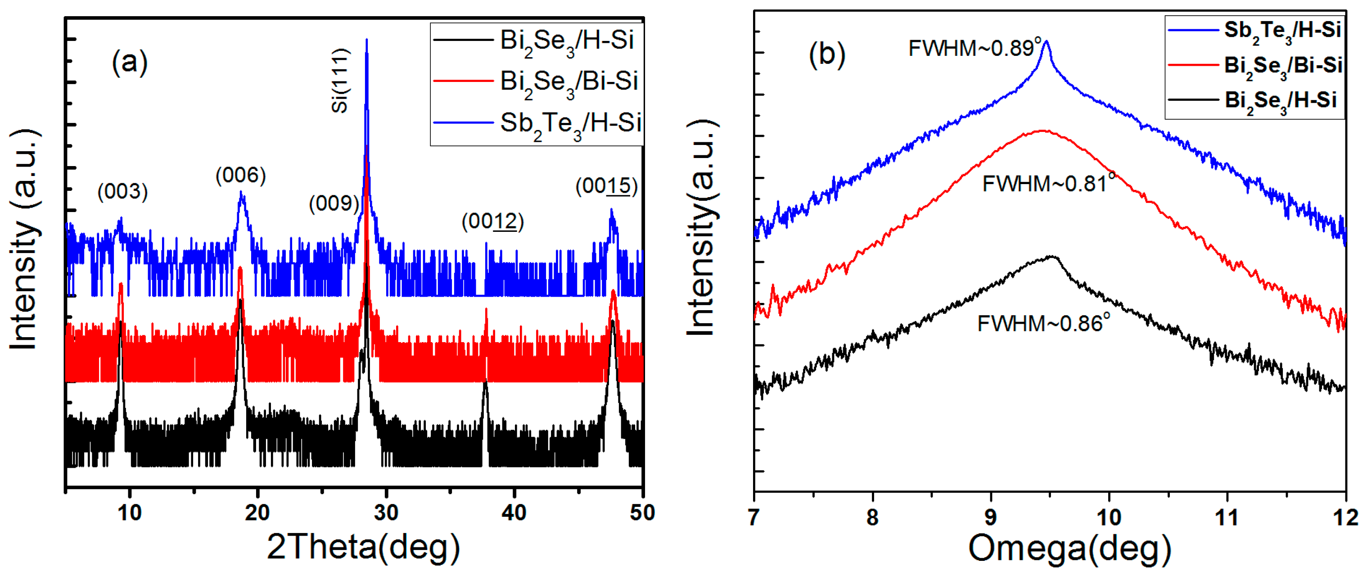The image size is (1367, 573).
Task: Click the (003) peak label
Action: pos(122,192)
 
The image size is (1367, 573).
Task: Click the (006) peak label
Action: pos(240,175)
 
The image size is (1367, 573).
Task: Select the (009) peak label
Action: pos(334,203)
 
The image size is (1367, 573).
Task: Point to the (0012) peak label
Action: pos(492,221)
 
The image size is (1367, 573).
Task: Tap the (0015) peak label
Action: pos(606,186)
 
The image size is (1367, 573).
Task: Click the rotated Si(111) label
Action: pos(340,81)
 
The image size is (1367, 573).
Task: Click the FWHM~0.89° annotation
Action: pos(975,48)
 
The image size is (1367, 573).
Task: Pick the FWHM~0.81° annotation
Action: pos(1048,183)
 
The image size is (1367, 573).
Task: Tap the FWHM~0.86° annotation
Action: pos(1043,323)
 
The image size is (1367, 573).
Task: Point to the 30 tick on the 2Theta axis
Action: pos(386,513)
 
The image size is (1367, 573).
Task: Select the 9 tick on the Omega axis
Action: pos(990,517)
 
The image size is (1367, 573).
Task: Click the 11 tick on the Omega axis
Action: pos(1227,517)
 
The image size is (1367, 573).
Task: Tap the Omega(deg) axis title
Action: pos(1069,549)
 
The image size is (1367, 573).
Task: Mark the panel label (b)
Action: pos(826,54)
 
